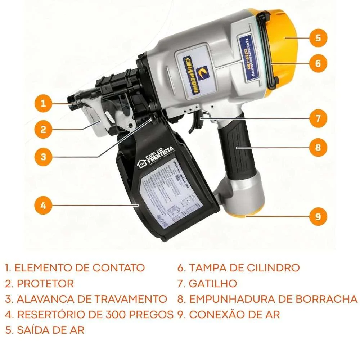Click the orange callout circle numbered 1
click(44, 104)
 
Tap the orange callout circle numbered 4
click(44, 206)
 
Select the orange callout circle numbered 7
click(318, 118)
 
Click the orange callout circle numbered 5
click(318, 38)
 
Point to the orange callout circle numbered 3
click(44, 157)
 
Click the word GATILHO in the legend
click(213, 283)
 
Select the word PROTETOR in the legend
click(45, 283)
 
